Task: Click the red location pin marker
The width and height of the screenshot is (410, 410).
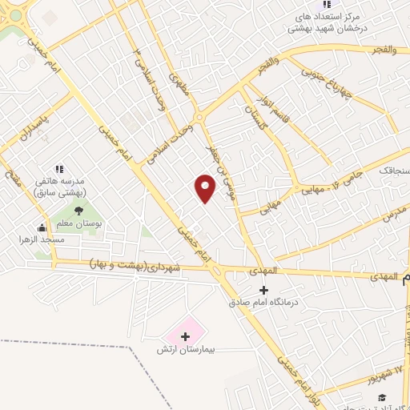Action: coord(205,188)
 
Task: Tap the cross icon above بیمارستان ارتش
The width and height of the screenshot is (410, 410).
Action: coord(186,336)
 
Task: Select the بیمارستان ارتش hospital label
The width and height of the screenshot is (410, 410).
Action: coord(184,351)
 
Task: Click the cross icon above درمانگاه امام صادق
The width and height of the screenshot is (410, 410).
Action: coord(264,290)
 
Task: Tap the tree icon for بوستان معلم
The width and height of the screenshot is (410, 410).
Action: coord(78,211)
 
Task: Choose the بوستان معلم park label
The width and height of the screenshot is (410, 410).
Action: coord(78,223)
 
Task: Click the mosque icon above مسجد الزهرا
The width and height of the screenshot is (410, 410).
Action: coord(42,227)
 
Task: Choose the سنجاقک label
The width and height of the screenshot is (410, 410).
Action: coord(393,171)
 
